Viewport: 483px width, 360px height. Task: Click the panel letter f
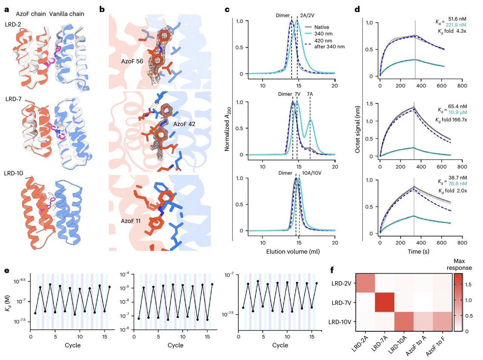(332, 270)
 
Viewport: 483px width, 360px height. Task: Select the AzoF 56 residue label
(132, 61)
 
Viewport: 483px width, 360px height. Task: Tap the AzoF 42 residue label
(184, 124)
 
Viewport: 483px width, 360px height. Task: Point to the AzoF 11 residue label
(131, 221)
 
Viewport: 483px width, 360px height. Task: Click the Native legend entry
(321, 27)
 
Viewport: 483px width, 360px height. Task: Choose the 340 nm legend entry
(323, 34)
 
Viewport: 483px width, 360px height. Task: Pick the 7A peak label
(310, 94)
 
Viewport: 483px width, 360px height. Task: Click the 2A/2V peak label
(307, 15)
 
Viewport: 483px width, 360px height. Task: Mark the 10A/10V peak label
(312, 173)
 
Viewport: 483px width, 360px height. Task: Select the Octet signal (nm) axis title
(357, 129)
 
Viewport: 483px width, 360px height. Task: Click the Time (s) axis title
(418, 251)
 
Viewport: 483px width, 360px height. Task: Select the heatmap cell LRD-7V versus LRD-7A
(385, 302)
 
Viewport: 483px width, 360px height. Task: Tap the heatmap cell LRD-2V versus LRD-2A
(365, 283)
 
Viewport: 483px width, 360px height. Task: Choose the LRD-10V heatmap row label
(340, 322)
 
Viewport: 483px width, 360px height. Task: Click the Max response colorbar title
(459, 264)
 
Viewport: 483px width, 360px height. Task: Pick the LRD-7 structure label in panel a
(13, 99)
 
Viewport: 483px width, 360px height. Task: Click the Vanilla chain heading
(66, 14)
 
